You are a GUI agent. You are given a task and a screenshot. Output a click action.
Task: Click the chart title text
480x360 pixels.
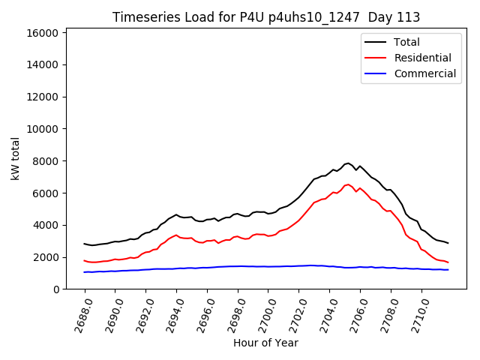(266, 17)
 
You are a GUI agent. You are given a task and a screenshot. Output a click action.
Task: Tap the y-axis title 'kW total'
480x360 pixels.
(16, 158)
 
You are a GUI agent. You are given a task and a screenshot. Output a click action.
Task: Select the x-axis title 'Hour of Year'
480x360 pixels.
(265, 343)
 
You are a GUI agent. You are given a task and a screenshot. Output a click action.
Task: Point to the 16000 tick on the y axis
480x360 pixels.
(43, 33)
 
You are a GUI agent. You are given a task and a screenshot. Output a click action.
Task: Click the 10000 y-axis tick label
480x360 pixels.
(43, 129)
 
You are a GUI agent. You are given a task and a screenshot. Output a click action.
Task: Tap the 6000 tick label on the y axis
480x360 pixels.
(46, 193)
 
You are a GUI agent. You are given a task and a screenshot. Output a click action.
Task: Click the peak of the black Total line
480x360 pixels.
(347, 163)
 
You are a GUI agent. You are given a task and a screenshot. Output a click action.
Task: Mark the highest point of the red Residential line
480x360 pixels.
(347, 184)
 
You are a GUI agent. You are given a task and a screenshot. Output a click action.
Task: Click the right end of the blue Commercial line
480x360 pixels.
(448, 270)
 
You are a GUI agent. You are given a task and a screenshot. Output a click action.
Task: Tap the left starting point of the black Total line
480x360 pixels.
(84, 244)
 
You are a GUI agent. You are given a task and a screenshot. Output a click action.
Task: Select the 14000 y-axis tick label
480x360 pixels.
(43, 65)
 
